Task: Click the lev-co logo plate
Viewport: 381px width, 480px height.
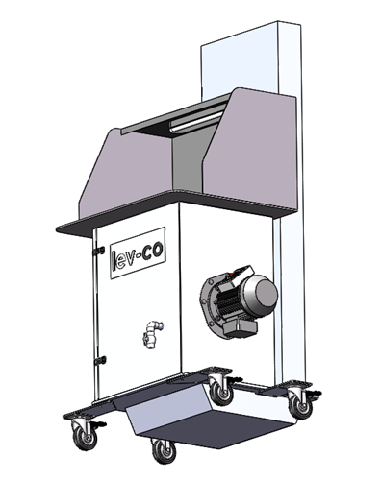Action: (x=138, y=252)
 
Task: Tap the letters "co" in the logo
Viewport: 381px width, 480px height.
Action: (x=153, y=252)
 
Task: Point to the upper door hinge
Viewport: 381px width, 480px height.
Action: (x=99, y=251)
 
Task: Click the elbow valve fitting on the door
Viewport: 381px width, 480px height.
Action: (x=152, y=334)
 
